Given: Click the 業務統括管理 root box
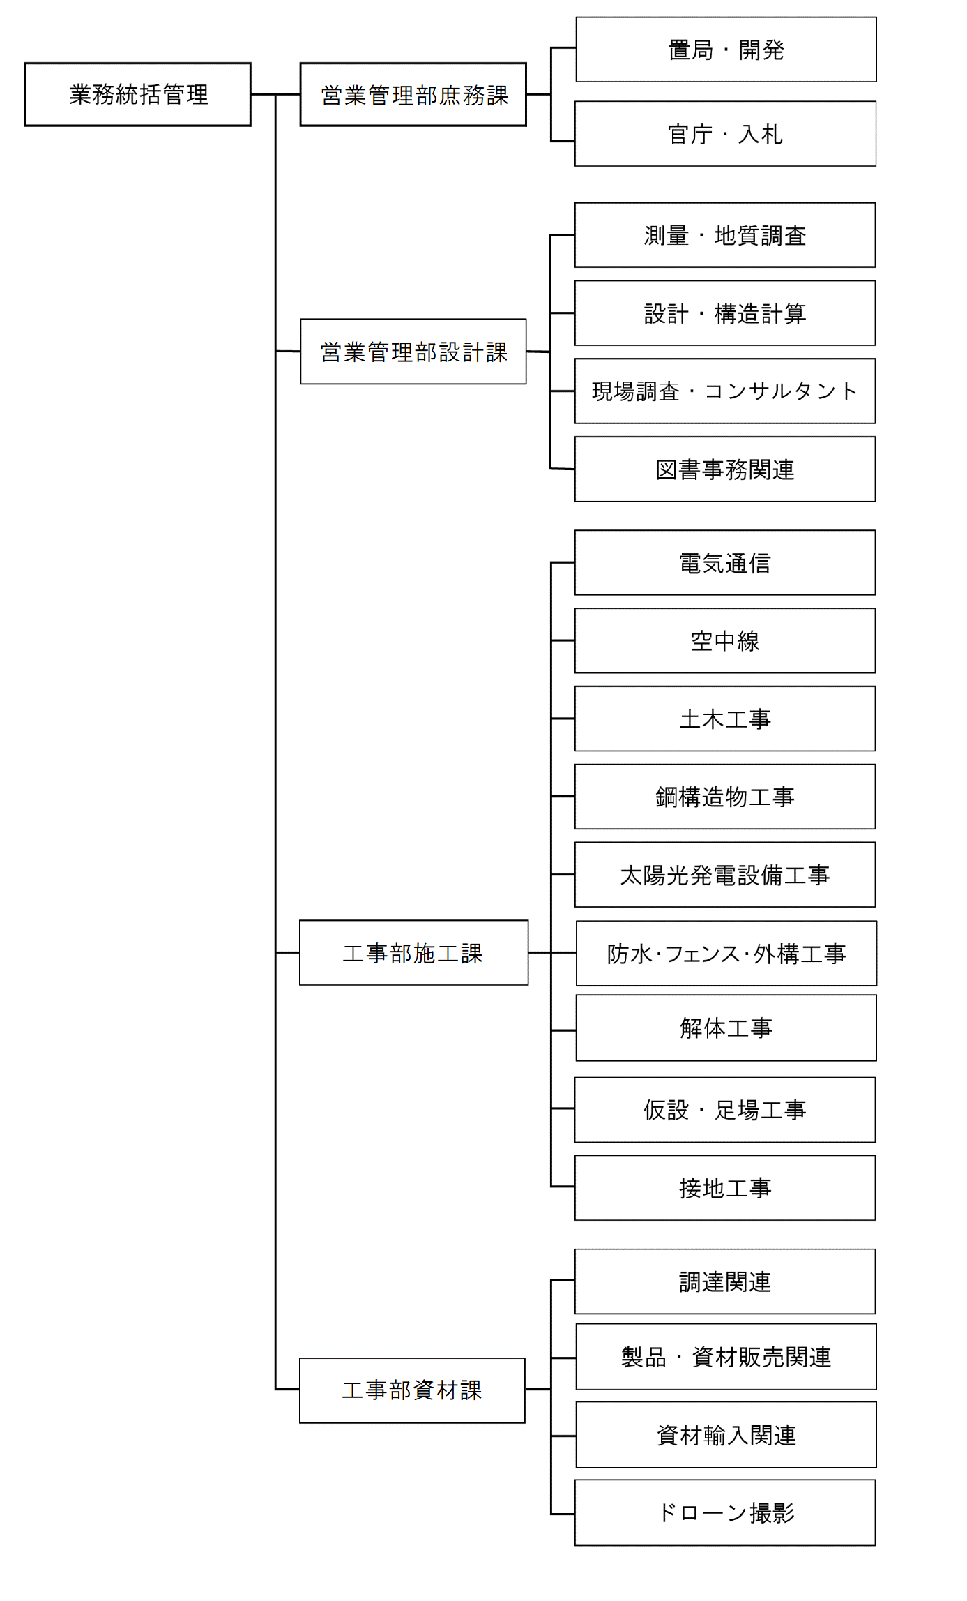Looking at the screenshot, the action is click(137, 94).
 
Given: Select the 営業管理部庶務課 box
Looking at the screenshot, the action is click(413, 94).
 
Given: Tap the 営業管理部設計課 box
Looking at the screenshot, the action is click(413, 352).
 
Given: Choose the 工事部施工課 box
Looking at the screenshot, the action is click(413, 952).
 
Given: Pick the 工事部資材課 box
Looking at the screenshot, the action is click(412, 1390).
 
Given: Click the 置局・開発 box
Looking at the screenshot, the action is click(726, 50).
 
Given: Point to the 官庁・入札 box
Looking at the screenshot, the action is click(725, 134).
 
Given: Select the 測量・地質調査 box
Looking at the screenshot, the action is click(725, 235).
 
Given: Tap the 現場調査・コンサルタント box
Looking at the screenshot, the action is click(725, 391).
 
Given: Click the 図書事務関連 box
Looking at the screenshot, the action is click(725, 469).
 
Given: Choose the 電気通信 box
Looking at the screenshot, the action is click(725, 562).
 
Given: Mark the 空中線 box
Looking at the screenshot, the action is click(725, 640).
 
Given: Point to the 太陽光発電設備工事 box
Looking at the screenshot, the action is click(725, 875).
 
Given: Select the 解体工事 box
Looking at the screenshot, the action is click(726, 1028).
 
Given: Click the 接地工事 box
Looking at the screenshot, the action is click(725, 1188).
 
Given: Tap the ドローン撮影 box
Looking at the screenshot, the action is click(725, 1512).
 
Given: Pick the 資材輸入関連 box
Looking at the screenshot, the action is click(726, 1435).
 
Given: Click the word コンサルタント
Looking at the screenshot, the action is click(781, 391).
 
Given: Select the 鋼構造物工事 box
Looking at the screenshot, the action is click(725, 797).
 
